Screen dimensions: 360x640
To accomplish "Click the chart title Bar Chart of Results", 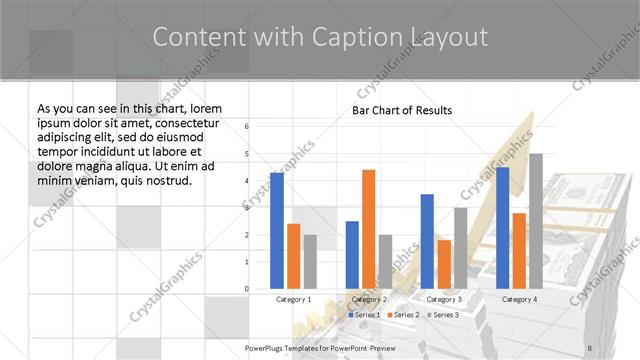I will (401, 110).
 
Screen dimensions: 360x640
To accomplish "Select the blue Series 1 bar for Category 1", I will (277, 230).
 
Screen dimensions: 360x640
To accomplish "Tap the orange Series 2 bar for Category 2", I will (368, 229).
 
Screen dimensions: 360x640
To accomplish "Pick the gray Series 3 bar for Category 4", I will (535, 221).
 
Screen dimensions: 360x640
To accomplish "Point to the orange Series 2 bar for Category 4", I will (519, 251).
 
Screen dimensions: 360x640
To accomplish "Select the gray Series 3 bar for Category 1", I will (310, 261).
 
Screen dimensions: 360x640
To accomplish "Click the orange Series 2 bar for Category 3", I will (444, 264).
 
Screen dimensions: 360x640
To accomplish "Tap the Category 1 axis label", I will (293, 299).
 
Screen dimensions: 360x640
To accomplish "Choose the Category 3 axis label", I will (444, 299).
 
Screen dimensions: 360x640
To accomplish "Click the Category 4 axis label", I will (519, 299).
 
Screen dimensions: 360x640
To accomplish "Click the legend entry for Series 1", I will (364, 315).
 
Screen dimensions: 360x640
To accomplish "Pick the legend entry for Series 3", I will (445, 315).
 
